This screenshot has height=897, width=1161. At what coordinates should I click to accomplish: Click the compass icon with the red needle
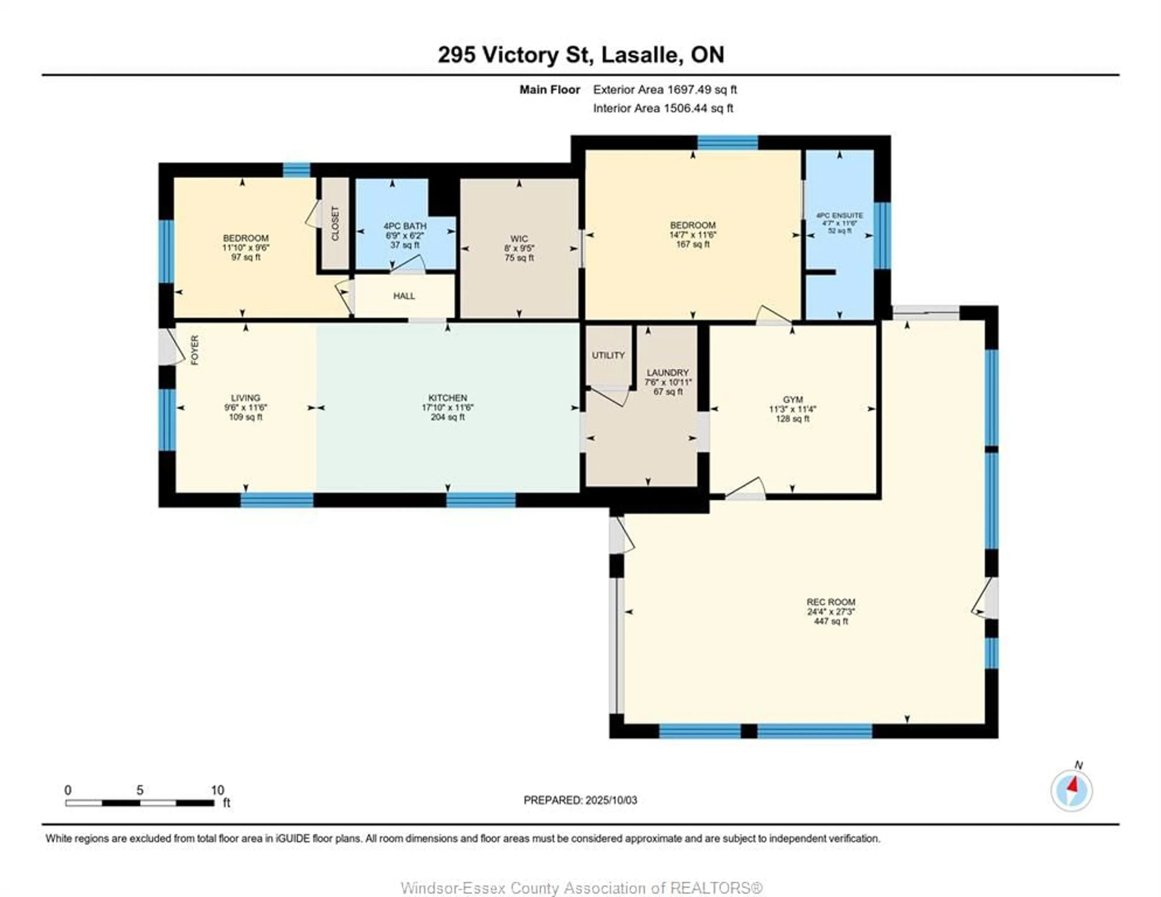(1072, 791)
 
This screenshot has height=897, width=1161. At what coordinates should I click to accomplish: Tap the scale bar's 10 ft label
(217, 790)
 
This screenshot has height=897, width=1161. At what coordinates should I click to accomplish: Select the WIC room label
(519, 239)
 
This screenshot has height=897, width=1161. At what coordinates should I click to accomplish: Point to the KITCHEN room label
(447, 398)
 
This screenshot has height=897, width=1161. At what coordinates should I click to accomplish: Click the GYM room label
(793, 399)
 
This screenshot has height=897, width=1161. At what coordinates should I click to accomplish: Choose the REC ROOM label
(831, 602)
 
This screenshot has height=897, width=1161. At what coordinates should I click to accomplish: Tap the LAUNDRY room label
(668, 373)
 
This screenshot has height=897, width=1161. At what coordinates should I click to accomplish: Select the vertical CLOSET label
(335, 223)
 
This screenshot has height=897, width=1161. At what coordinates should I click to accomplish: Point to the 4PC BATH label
(405, 226)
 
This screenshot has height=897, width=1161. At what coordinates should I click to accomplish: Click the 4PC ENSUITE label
(840, 215)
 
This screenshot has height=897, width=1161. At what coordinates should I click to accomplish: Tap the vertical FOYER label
(195, 350)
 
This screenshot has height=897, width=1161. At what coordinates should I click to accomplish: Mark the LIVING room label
(246, 398)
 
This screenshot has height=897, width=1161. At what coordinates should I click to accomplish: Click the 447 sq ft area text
(831, 621)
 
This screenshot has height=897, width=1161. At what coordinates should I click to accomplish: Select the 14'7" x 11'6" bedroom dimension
(693, 235)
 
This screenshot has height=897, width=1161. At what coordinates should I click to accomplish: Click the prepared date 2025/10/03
(610, 800)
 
